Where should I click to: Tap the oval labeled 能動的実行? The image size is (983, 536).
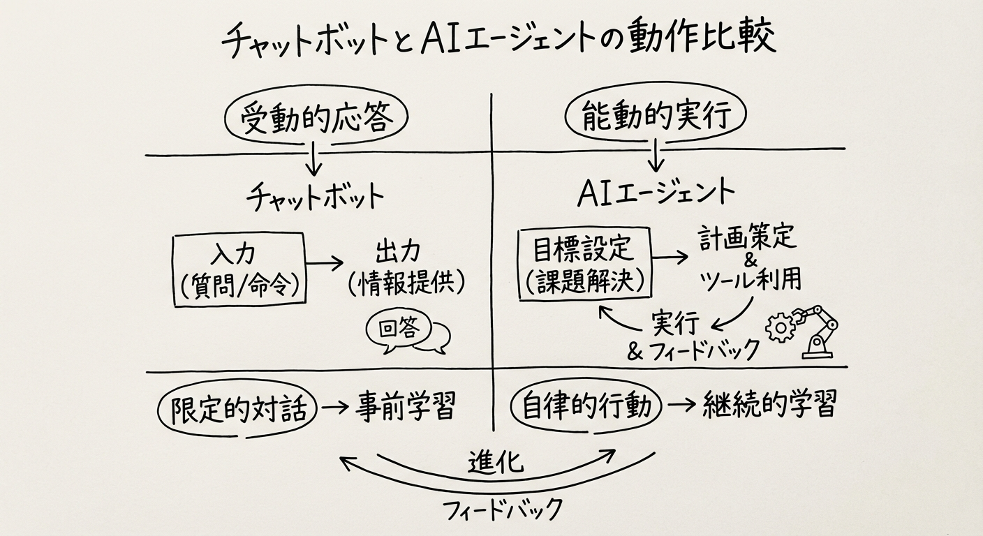click(x=654, y=117)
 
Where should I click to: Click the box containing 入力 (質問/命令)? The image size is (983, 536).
click(x=239, y=270)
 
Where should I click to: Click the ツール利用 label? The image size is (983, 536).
click(x=751, y=279)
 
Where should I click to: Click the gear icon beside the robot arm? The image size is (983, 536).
click(x=780, y=327)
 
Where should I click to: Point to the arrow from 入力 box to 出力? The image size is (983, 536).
click(x=325, y=263)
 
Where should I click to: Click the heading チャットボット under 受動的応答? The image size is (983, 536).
click(x=314, y=195)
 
